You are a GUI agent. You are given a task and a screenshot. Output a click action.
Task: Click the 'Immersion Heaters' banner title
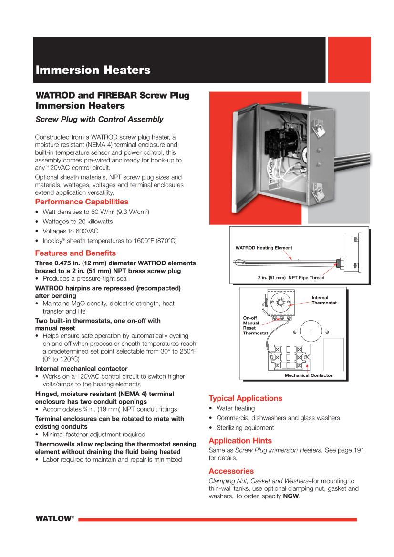point(93,71)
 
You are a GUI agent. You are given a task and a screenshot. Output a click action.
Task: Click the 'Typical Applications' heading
point(246,398)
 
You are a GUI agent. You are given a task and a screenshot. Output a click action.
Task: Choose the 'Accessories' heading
point(231,471)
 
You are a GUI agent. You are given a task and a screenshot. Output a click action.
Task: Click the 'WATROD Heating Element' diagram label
point(264,248)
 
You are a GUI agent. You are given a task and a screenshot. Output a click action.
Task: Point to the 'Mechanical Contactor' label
point(308,375)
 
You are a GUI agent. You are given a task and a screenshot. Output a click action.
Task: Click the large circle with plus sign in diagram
point(311,331)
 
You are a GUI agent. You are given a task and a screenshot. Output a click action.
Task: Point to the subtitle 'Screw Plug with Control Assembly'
point(100,119)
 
